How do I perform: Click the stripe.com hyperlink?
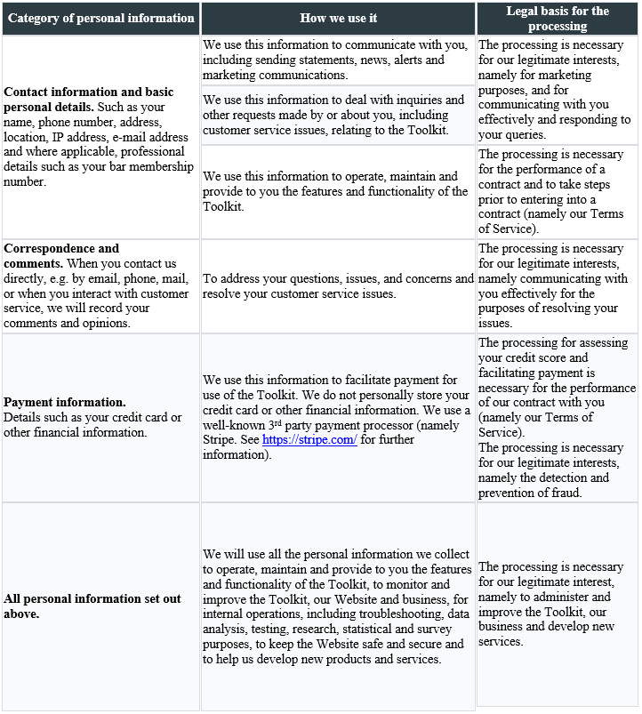click(x=309, y=440)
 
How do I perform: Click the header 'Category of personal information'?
click(x=100, y=18)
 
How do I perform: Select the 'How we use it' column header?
click(x=338, y=18)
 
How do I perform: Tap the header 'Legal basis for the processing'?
click(x=558, y=18)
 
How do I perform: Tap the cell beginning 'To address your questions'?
click(x=338, y=285)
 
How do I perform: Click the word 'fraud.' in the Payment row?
click(x=566, y=493)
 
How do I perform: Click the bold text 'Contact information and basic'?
click(x=89, y=92)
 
